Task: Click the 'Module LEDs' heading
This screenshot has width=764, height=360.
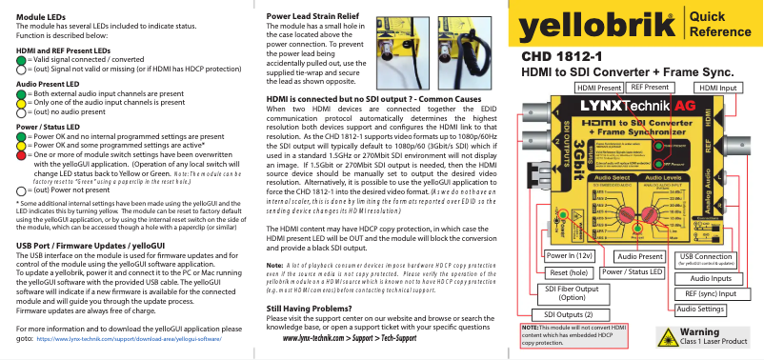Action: click(40, 18)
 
